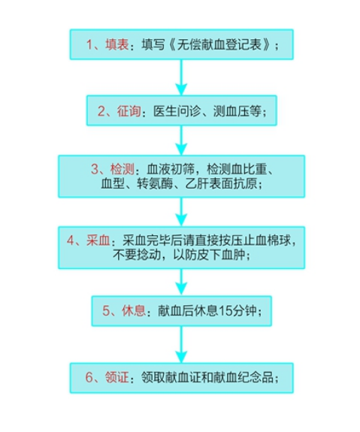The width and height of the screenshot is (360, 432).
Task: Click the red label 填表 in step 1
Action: [x=117, y=44]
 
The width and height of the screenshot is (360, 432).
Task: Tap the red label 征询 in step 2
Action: [x=129, y=111]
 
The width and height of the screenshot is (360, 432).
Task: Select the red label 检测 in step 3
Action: [x=123, y=169]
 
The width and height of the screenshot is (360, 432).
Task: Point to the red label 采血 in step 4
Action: [x=98, y=240]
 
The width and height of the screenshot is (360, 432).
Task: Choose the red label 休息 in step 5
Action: [x=134, y=311]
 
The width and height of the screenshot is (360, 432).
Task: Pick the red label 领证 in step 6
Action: [x=117, y=377]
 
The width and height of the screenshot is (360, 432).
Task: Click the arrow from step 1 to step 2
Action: [x=181, y=77]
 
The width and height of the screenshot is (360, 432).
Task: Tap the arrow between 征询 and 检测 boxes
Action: [x=181, y=140]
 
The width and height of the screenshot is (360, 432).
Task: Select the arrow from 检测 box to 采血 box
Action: [x=181, y=212]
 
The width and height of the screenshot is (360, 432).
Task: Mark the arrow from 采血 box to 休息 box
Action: [x=181, y=282]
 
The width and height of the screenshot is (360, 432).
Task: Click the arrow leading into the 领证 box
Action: [x=181, y=345]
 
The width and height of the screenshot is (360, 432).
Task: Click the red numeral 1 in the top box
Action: [x=89, y=44]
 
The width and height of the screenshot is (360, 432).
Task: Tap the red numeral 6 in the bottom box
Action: [x=89, y=377]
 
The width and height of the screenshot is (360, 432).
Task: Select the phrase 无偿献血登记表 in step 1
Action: [x=219, y=44]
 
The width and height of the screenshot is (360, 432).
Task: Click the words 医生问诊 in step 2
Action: [x=177, y=111]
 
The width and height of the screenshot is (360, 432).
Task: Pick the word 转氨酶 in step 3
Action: [x=155, y=183]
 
